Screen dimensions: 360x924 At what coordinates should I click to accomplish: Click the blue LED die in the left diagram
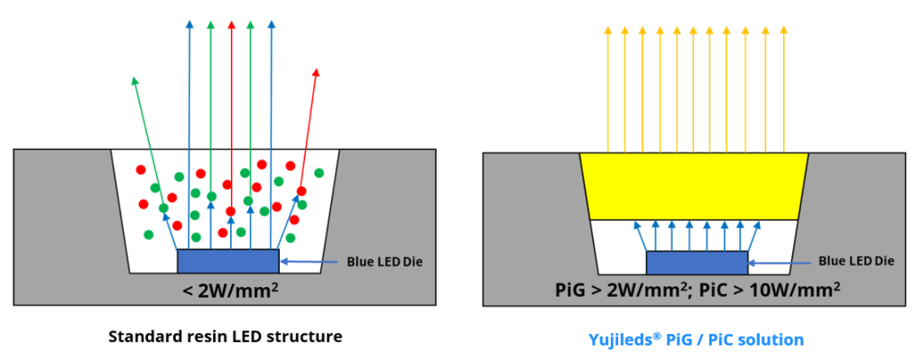(228, 261)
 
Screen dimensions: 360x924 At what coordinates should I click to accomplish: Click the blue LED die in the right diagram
(697, 262)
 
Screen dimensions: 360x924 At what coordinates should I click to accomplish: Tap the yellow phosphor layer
(693, 186)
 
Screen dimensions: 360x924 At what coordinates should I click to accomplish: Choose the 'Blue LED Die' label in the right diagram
(855, 261)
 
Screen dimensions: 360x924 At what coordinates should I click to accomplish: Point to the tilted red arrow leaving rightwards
(309, 126)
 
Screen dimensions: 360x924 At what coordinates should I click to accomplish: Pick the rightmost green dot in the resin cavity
(319, 172)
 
